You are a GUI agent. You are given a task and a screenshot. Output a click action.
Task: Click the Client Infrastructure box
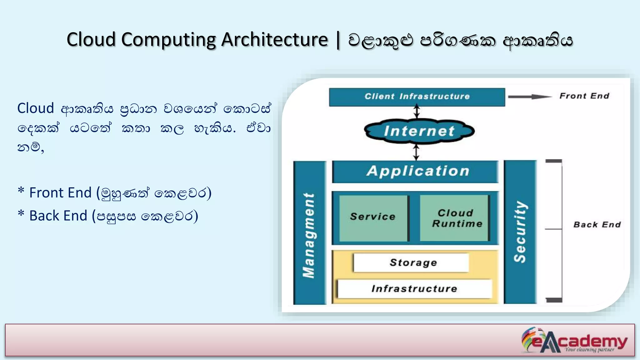[417, 97]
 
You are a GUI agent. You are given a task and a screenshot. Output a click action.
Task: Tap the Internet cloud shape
[419, 131]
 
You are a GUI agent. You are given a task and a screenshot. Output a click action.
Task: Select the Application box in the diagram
[416, 171]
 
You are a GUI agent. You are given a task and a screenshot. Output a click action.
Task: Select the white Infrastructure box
[414, 288]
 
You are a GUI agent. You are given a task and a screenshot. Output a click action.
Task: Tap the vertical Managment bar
[309, 233]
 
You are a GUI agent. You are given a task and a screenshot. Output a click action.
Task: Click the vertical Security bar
[520, 232]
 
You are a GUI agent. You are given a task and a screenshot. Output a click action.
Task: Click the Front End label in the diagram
[584, 96]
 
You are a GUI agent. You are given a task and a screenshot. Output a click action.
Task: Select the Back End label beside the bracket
[597, 225]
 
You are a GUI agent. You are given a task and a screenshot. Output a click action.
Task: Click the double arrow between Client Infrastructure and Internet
[417, 112]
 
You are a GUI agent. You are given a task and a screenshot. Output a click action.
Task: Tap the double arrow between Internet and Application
[416, 152]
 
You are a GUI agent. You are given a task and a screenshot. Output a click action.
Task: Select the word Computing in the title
[168, 40]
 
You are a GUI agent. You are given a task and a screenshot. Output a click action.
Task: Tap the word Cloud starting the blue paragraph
[36, 108]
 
